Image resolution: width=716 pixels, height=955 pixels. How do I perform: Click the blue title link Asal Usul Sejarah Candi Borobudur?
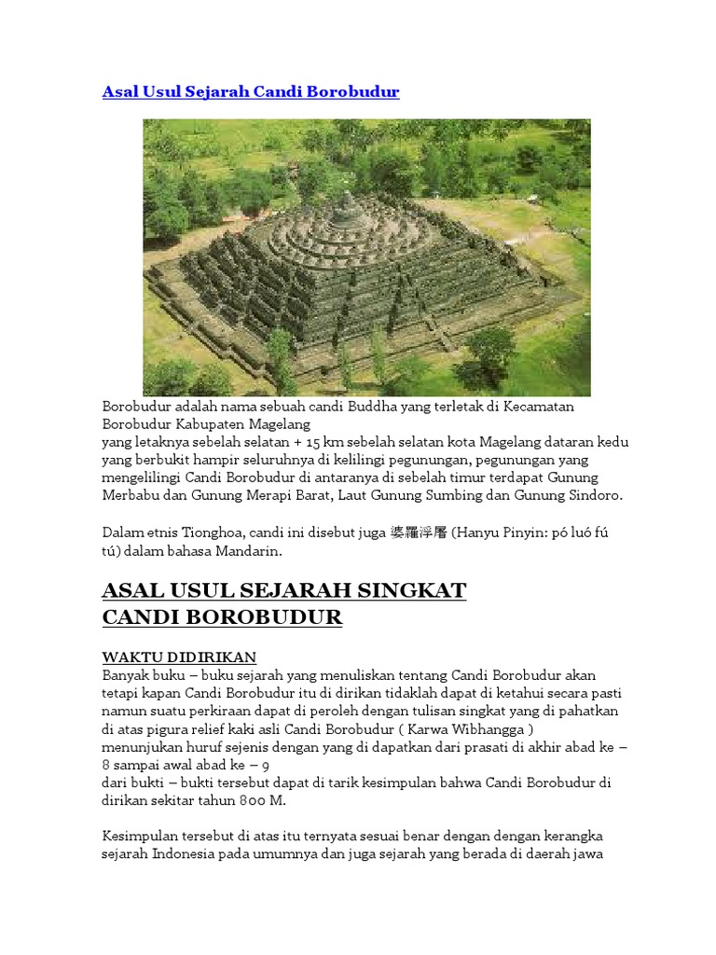250,92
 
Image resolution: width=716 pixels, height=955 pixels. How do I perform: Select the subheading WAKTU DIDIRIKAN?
179,657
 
